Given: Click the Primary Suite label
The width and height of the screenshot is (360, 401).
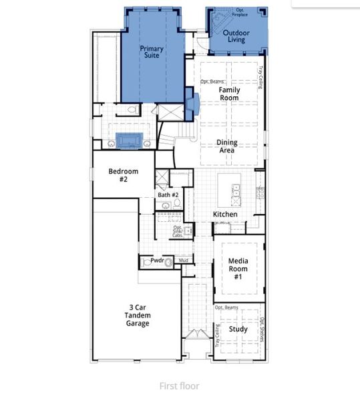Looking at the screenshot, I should (151, 53).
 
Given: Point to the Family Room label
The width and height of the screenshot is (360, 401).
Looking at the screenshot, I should (229, 94).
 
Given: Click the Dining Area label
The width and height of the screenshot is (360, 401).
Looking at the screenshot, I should (227, 146).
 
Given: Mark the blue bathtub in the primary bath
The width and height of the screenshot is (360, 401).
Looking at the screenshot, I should (129, 140).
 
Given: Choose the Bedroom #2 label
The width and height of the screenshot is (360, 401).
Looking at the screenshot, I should (123, 175).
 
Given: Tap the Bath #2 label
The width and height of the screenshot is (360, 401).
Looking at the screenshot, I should (168, 195).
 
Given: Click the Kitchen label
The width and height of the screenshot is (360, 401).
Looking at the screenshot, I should (225, 215).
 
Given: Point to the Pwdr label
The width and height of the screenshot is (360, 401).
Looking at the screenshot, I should (157, 261).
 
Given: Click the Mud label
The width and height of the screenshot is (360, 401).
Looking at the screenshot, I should (183, 260).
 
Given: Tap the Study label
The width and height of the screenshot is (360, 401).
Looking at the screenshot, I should (238, 329).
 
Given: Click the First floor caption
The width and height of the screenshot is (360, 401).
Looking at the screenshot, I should (179, 386).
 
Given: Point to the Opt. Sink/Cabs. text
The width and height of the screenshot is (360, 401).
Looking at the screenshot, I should (178, 231).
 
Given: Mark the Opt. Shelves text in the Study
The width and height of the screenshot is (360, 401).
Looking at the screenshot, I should (262, 329).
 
